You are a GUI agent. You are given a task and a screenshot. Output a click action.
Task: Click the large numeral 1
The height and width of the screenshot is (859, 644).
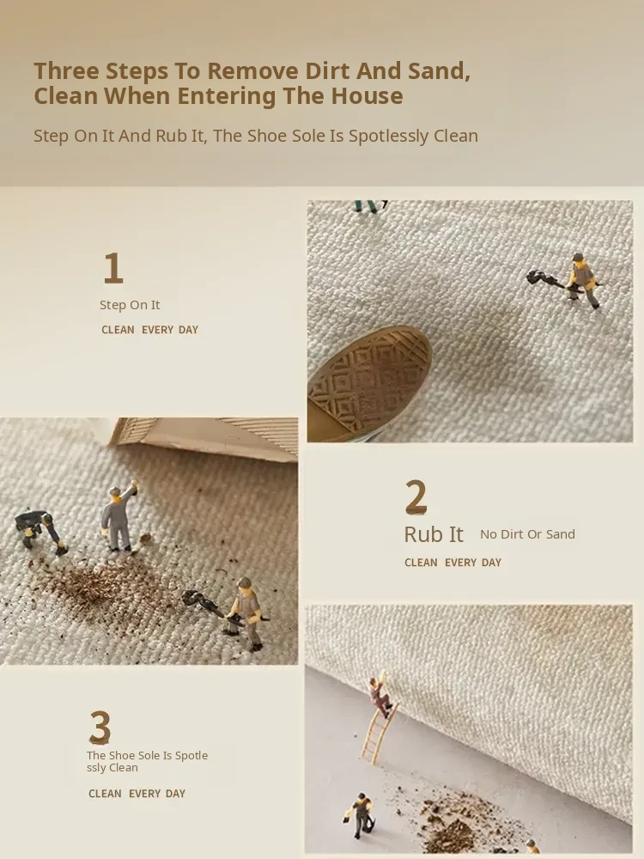click(x=113, y=268)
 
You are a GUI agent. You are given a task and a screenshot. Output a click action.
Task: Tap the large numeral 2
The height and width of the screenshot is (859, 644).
click(x=416, y=497)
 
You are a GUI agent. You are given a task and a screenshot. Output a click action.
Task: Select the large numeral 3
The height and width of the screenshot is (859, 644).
click(x=100, y=727)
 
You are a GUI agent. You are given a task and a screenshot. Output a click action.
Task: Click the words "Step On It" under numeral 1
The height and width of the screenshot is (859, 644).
click(x=130, y=305)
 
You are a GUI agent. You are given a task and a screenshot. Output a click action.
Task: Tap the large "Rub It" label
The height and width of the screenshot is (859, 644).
click(x=434, y=534)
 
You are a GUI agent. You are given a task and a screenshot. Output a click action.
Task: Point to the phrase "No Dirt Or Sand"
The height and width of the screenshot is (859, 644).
click(x=527, y=534)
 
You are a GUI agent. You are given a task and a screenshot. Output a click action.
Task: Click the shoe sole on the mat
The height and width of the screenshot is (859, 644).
click(x=369, y=383)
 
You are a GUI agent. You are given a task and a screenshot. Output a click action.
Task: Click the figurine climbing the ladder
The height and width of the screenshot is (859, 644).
click(x=380, y=698)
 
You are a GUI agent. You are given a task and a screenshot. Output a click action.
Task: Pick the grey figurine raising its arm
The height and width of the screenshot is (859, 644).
click(x=118, y=516)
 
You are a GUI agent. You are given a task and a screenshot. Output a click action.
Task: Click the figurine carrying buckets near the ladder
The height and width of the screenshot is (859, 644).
click(x=361, y=814)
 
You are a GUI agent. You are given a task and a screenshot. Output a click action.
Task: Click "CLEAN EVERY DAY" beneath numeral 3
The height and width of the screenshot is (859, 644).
click(x=137, y=793)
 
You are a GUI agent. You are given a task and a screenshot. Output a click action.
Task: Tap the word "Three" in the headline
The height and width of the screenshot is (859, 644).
click(x=67, y=70)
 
